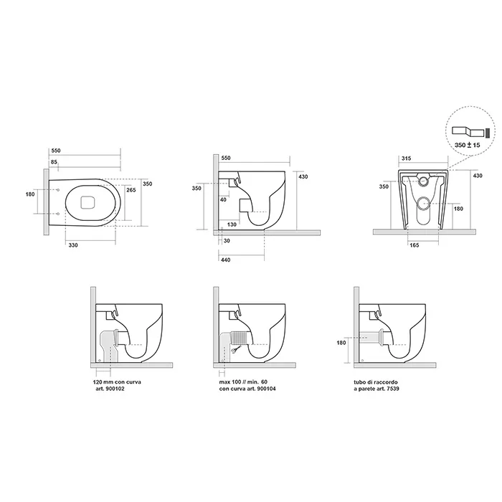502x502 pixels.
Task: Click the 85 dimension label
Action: click(x=54, y=161)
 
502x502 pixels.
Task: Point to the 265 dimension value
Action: click(x=131, y=190)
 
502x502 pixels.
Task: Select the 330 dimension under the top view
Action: click(x=73, y=245)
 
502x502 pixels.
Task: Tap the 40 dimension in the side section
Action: click(x=224, y=199)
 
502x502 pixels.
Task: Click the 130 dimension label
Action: click(x=232, y=224)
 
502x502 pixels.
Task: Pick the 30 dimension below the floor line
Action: click(x=227, y=241)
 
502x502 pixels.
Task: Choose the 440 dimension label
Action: click(x=226, y=260)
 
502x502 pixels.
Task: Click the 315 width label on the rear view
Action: click(x=407, y=158)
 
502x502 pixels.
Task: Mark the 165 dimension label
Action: click(x=415, y=245)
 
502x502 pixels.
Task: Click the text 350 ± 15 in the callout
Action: click(x=468, y=145)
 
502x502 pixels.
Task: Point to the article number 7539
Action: click(x=392, y=389)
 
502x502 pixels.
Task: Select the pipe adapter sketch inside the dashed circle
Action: click(x=468, y=131)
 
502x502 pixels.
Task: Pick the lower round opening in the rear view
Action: click(x=425, y=203)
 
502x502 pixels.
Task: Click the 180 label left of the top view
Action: click(x=30, y=194)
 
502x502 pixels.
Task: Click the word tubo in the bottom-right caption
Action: click(x=359, y=382)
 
